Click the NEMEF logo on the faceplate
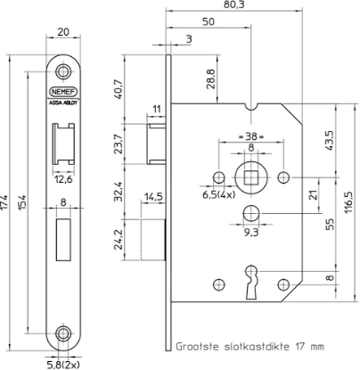click(x=62, y=90)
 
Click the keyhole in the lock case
click(x=253, y=275)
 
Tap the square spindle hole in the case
click(x=250, y=174)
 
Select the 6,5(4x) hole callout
click(x=217, y=193)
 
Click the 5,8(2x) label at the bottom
click(x=62, y=363)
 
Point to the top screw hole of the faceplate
click(x=62, y=70)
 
